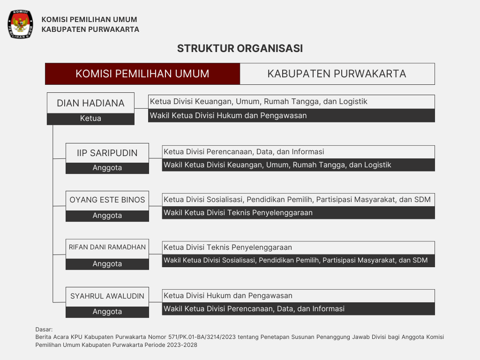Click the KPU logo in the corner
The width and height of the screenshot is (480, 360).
(20, 24)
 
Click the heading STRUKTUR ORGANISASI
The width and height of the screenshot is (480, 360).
(240, 48)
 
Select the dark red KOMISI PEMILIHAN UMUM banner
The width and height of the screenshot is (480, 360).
(142, 74)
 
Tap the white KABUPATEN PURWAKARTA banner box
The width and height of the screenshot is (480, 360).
(337, 74)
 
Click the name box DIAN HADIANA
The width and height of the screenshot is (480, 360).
(90, 103)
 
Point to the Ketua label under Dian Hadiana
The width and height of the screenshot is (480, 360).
(90, 119)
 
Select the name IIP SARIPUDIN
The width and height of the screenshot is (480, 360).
(107, 153)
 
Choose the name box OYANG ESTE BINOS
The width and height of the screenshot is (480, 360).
(107, 200)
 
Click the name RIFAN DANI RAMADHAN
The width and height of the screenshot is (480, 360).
(107, 247)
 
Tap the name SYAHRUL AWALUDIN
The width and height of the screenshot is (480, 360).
(107, 296)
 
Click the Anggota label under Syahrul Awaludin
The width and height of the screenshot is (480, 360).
(107, 312)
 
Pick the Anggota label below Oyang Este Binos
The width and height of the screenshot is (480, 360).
(107, 216)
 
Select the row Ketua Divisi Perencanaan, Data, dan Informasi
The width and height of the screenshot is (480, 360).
(298, 152)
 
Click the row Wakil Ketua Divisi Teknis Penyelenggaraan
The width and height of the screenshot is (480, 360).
(298, 213)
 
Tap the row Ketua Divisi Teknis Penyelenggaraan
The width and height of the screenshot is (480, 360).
(298, 247)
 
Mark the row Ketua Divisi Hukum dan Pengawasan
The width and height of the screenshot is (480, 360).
(298, 296)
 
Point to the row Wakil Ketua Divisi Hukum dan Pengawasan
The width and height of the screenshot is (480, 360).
(292, 115)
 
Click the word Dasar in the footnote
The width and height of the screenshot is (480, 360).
(44, 329)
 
